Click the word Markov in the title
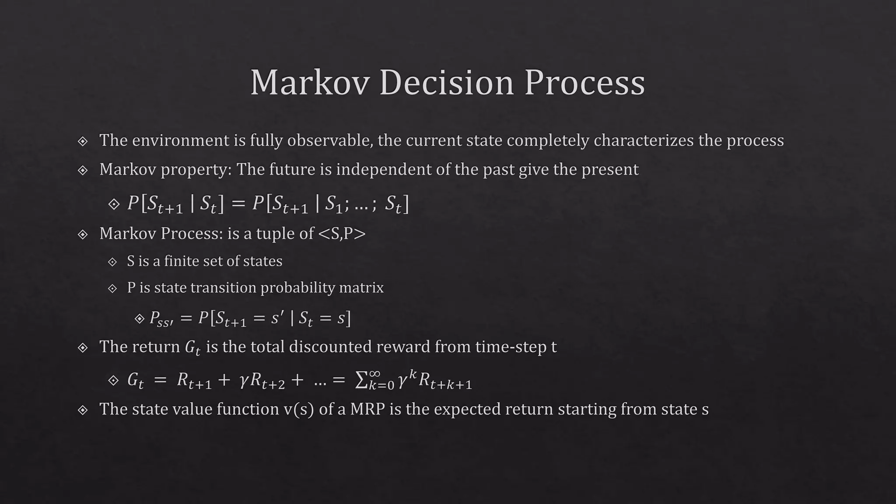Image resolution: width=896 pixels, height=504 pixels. [x=310, y=83]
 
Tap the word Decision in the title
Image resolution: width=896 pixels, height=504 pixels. [x=446, y=83]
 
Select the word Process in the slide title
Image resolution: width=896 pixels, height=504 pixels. [x=584, y=83]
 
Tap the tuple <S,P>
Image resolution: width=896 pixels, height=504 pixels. [x=342, y=234]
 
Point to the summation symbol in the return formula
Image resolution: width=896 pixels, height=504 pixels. [x=361, y=381]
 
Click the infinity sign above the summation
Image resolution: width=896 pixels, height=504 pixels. [x=374, y=373]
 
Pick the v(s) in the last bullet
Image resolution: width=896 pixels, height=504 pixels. [x=299, y=409]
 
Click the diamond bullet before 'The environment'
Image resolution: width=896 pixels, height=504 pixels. [x=83, y=141]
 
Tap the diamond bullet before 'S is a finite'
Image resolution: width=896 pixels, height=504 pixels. [x=112, y=262]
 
